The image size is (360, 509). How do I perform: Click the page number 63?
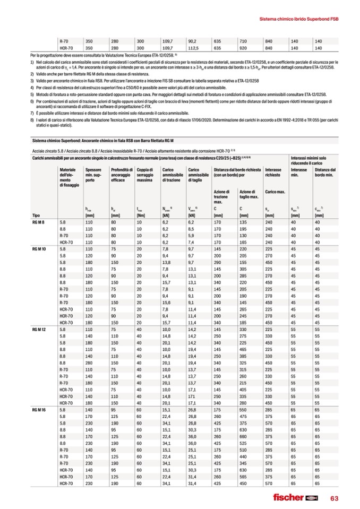pos(335,497)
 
